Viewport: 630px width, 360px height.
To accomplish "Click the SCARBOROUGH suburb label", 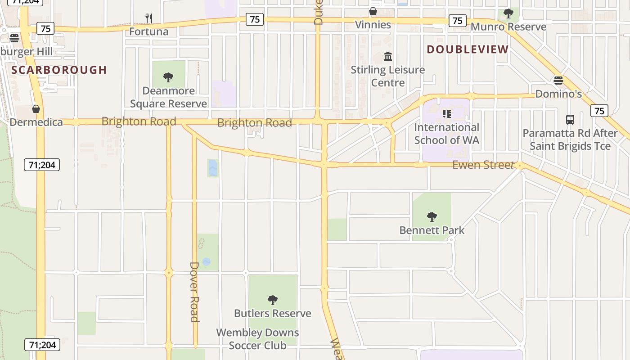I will click(x=59, y=70).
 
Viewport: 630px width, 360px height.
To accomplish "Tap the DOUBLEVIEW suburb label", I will click(x=468, y=49).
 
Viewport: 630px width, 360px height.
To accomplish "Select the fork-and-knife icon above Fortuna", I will click(x=149, y=18).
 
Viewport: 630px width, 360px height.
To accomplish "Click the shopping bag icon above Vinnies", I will click(x=373, y=11).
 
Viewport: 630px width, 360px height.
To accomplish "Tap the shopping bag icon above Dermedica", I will click(x=36, y=109).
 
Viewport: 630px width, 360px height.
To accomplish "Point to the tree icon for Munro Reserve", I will click(x=508, y=13).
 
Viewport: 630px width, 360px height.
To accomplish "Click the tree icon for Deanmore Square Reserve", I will click(x=168, y=77).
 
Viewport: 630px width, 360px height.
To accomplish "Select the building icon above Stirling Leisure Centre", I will click(x=388, y=57).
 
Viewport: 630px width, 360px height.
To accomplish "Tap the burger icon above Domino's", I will click(x=558, y=81).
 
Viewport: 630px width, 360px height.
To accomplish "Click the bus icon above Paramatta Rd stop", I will click(x=570, y=120).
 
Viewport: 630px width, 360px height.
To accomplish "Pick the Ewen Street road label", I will click(x=483, y=165).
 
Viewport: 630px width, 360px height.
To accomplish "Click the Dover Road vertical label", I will click(x=194, y=292).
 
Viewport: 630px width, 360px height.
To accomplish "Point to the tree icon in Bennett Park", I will click(x=432, y=217).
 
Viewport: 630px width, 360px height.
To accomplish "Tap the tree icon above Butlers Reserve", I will click(x=272, y=300).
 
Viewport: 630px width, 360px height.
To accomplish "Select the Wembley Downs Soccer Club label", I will click(x=257, y=339).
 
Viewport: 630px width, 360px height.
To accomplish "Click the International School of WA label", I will click(x=446, y=134).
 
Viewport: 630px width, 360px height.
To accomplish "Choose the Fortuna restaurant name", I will click(x=149, y=31).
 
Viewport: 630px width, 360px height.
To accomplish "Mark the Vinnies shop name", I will click(x=373, y=25).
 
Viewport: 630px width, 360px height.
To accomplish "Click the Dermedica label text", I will click(x=36, y=122).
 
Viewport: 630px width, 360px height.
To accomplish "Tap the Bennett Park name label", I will click(x=432, y=230).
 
